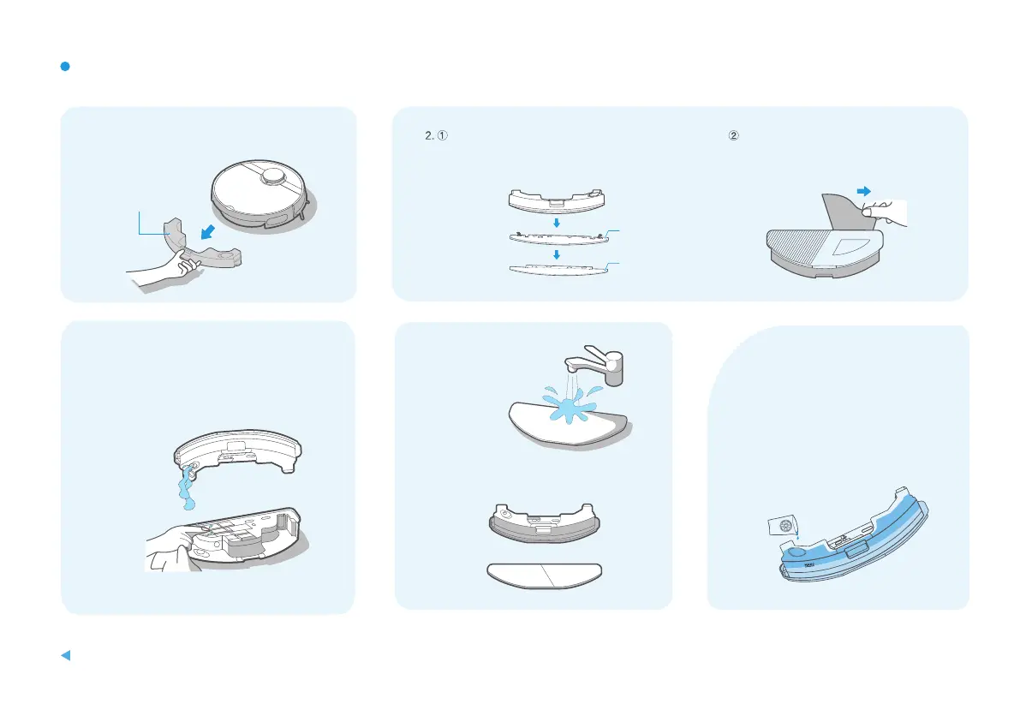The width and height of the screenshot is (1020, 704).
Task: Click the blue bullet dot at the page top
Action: pos(65,66)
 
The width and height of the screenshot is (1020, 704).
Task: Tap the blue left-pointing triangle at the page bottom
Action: pos(66,655)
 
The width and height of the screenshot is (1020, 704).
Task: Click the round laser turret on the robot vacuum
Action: pos(272,176)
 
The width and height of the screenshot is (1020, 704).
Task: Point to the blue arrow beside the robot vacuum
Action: pos(208,231)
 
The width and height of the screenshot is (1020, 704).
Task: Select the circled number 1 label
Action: pos(443,135)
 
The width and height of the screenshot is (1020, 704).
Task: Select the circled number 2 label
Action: pos(734,135)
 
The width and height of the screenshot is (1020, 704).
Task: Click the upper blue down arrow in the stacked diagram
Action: pos(556,223)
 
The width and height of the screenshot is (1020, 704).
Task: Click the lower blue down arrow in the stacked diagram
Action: pos(556,254)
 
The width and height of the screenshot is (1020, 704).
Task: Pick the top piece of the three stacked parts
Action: pos(557,201)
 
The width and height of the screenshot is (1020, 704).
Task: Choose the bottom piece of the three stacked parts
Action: pos(558,270)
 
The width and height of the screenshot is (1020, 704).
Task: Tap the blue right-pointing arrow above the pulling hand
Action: pos(864,191)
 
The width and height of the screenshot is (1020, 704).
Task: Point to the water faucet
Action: pos(596,363)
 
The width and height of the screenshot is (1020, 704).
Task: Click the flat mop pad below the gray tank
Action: pos(545,576)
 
